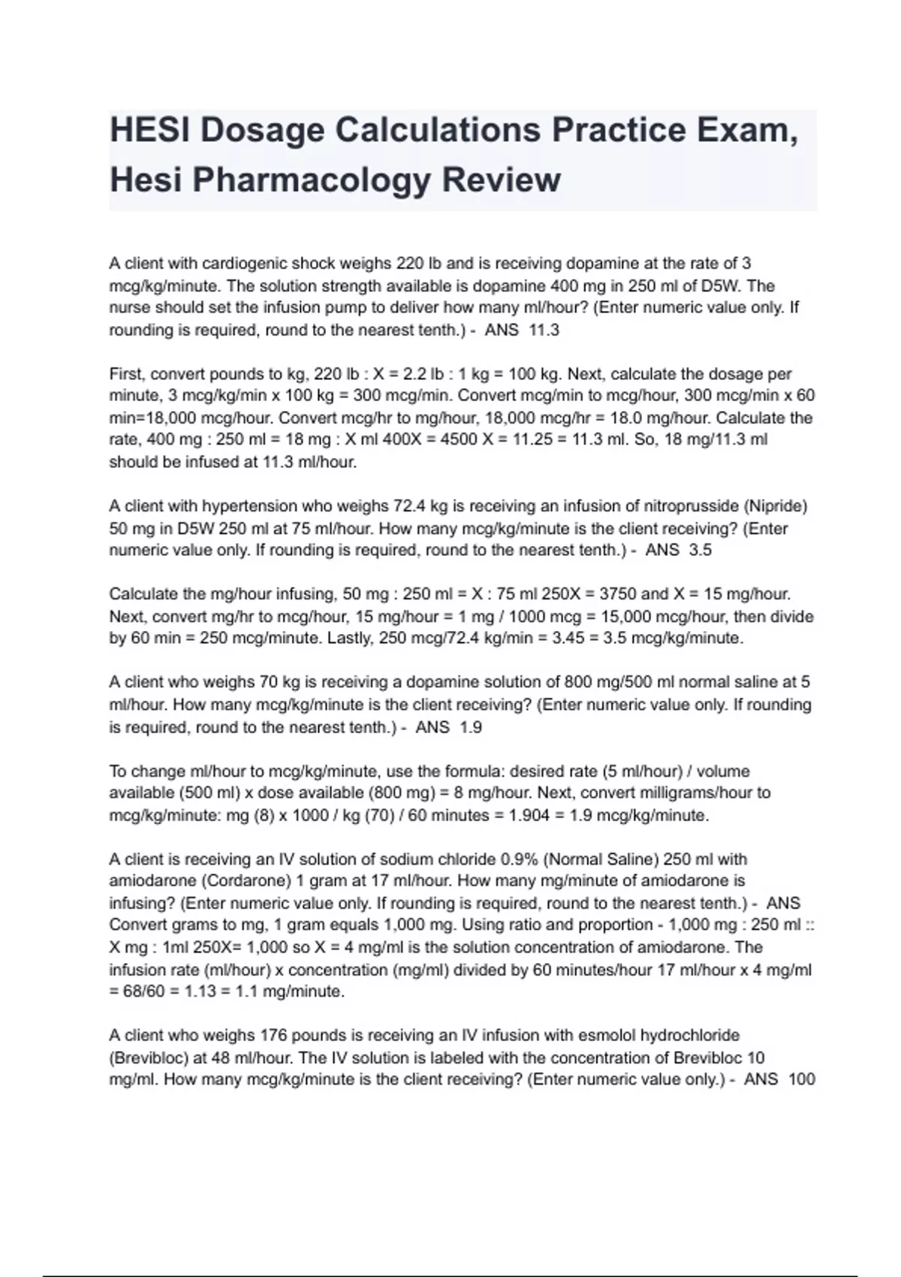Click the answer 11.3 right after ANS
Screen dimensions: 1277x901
[544, 331]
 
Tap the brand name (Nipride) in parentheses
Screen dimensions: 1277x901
[776, 506]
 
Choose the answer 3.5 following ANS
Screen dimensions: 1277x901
[700, 551]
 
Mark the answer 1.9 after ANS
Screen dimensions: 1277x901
[470, 727]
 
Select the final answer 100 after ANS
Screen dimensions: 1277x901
[801, 1080]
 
